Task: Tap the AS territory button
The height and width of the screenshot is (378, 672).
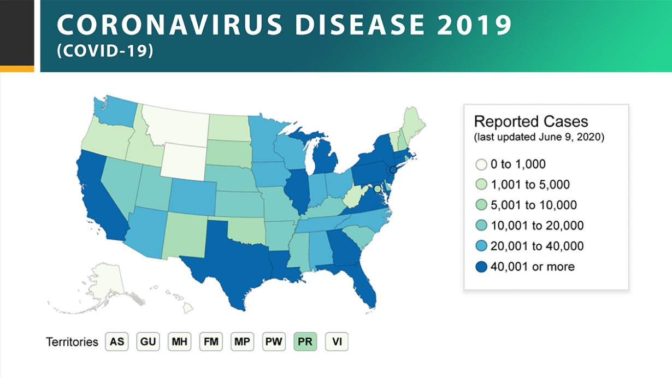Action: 116,342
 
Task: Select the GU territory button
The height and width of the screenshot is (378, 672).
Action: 148,342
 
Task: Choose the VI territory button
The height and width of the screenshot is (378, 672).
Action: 337,342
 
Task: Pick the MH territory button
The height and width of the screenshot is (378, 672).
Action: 179,342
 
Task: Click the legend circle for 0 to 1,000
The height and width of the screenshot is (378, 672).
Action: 481,164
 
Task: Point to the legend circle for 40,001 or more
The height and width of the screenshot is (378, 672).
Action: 481,267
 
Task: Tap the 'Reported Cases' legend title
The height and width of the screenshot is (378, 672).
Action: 530,121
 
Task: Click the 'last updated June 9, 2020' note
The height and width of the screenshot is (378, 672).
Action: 539,137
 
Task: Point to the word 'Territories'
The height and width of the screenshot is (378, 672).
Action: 72,342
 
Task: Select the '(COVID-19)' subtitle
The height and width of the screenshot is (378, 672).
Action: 105,51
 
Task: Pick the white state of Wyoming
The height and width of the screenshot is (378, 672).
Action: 184,162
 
